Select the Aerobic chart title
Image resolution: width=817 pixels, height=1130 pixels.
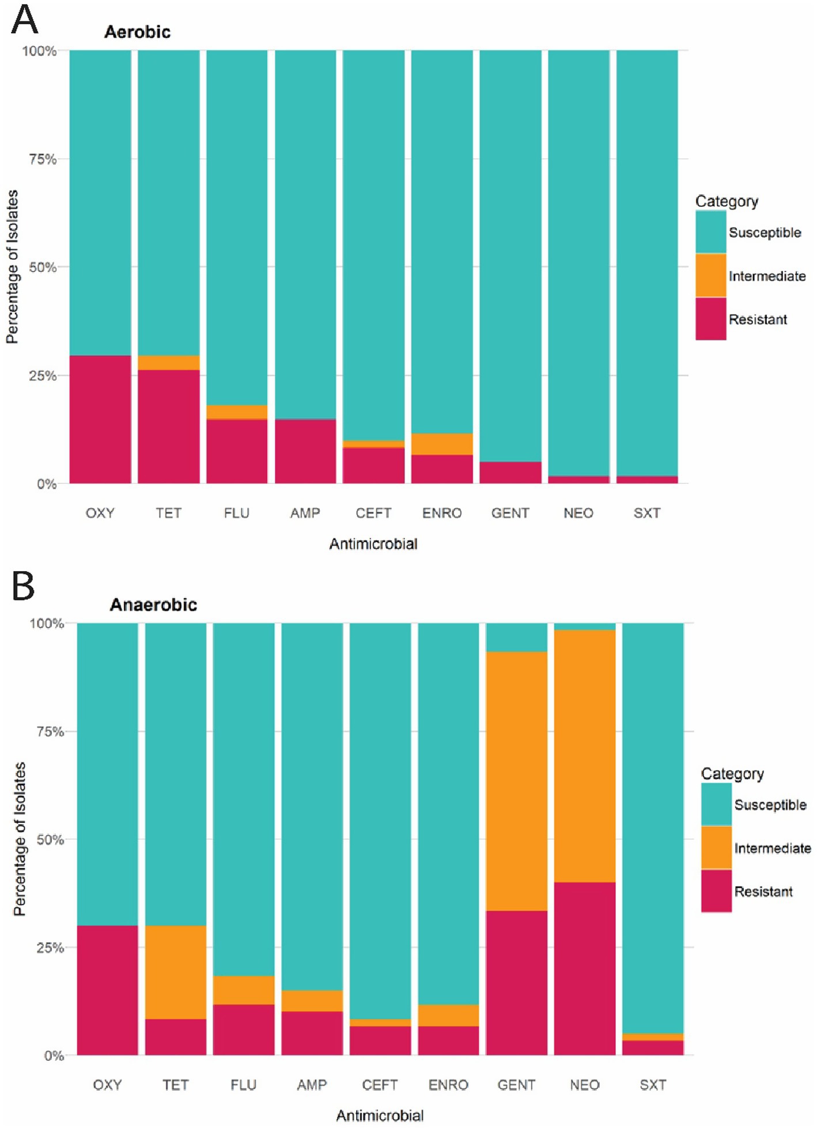coord(137,32)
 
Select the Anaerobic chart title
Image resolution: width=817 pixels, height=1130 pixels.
coord(153,604)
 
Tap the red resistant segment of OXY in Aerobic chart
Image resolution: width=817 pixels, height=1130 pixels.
coord(100,419)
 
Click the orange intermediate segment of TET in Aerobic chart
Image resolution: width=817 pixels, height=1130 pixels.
coord(168,362)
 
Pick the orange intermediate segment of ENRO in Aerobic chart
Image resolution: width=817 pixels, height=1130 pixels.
coord(442,444)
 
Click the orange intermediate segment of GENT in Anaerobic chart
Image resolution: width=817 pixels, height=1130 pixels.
coord(516,781)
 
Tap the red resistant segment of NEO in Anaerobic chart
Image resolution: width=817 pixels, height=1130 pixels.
coord(584,968)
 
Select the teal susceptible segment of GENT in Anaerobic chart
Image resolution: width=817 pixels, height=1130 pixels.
coord(516,637)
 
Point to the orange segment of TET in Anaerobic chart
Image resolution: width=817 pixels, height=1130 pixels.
coord(175,972)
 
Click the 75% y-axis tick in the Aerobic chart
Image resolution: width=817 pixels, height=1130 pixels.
coord(43,159)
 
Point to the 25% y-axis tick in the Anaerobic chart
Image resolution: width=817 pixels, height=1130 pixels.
coord(50,948)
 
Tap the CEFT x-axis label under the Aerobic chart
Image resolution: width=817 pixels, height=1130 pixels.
coord(373,513)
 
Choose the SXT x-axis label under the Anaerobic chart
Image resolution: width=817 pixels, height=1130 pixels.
coord(653,1085)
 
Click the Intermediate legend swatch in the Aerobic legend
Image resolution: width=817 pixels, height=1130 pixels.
coord(710,275)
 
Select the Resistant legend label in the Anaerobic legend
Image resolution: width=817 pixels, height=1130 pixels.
coord(763,891)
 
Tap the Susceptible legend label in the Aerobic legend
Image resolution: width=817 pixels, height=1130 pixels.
coord(765,232)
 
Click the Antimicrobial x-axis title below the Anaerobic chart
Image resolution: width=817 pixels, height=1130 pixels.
coord(380,1116)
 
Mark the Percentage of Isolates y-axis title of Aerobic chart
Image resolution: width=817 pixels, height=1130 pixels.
coord(12,267)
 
